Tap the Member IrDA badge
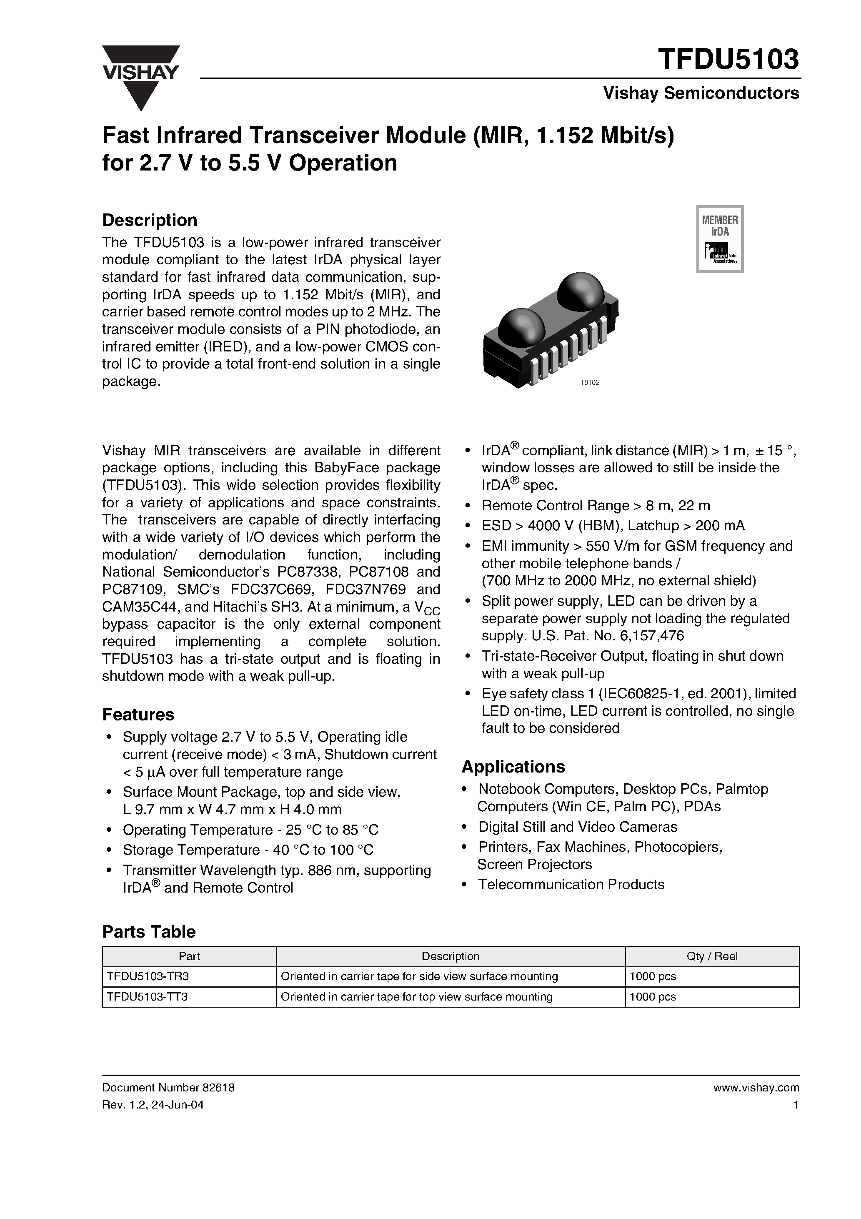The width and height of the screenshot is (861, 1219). (719, 239)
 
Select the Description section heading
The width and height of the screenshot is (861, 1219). (150, 220)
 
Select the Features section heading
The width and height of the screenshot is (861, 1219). (138, 715)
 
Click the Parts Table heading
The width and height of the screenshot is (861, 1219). (149, 932)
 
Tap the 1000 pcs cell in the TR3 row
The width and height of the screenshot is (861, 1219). (652, 976)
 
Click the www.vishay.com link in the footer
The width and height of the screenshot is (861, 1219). (756, 1088)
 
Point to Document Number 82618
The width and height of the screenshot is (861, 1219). (168, 1088)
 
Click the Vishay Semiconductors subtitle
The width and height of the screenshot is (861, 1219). (701, 93)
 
